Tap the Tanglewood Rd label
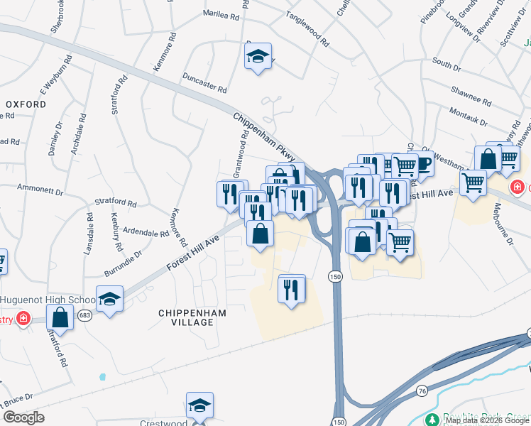click(x=307, y=29)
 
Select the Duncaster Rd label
click(x=204, y=84)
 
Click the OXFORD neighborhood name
click(x=26, y=104)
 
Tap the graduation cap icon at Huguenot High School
click(x=110, y=299)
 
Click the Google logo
click(x=24, y=417)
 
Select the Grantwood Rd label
click(x=240, y=158)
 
